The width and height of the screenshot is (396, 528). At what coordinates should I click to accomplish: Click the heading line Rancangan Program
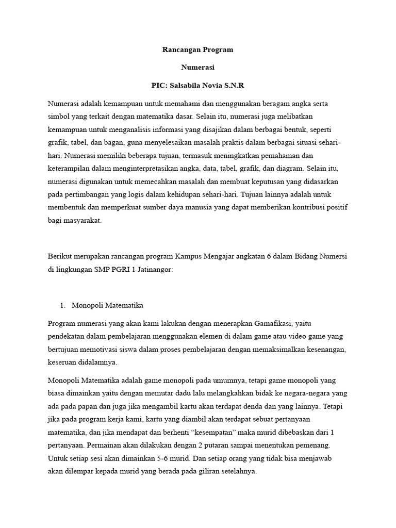coord(198,50)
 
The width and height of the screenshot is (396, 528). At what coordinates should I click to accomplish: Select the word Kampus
coord(192,257)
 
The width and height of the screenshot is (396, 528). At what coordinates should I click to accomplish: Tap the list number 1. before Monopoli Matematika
coord(63,305)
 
